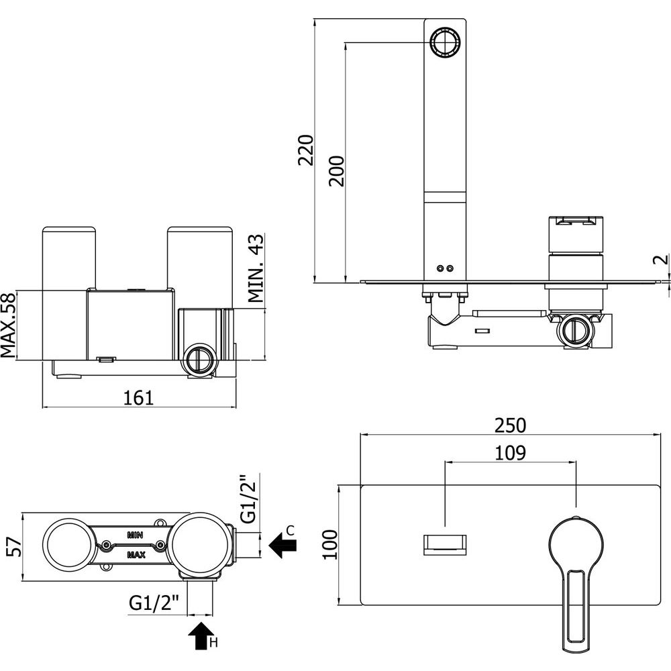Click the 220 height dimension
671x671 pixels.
(306, 150)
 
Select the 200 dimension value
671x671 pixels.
(336, 170)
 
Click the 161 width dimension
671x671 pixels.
(139, 398)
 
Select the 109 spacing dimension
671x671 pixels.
(511, 453)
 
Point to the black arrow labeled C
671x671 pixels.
(282, 545)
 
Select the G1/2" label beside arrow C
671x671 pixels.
(248, 499)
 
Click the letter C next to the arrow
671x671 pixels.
(290, 531)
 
